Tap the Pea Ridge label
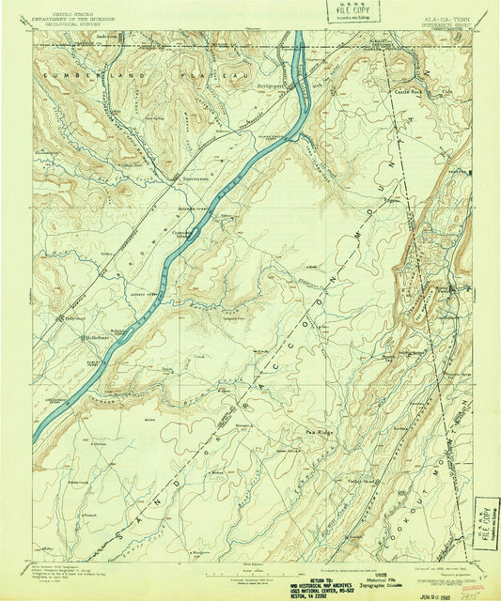(293, 432)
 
